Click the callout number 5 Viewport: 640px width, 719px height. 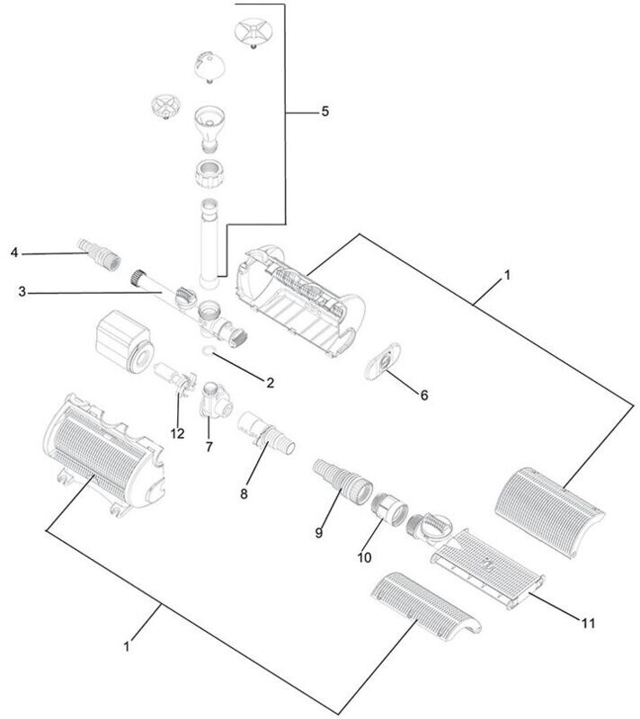(324, 112)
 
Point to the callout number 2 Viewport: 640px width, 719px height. (268, 382)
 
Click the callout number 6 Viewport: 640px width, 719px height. (424, 395)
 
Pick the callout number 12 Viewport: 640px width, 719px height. (177, 434)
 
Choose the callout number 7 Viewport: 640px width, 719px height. (209, 447)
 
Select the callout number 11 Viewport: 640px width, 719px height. (588, 622)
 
